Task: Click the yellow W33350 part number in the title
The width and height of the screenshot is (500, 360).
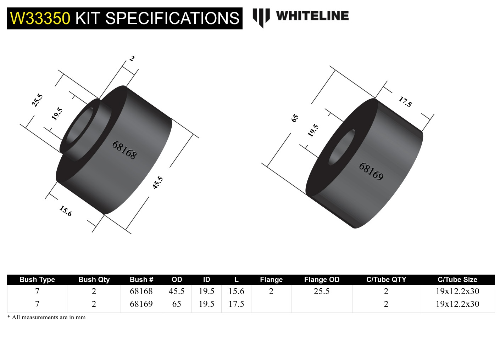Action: pyautogui.click(x=40, y=18)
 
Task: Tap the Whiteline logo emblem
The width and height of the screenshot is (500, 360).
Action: pyautogui.click(x=261, y=17)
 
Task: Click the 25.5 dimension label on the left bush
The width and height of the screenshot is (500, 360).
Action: pyautogui.click(x=37, y=100)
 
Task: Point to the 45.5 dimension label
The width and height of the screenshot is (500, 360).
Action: pyautogui.click(x=158, y=182)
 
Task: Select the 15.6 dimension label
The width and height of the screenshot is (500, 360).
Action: pyautogui.click(x=66, y=211)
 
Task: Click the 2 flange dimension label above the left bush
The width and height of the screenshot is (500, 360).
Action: pyautogui.click(x=132, y=58)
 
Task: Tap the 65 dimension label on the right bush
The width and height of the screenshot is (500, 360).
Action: pyautogui.click(x=295, y=118)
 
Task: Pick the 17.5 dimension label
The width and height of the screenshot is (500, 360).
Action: pyautogui.click(x=405, y=102)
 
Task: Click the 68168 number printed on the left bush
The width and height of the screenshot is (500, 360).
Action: pyautogui.click(x=124, y=150)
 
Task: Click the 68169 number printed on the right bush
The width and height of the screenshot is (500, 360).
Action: pyautogui.click(x=371, y=171)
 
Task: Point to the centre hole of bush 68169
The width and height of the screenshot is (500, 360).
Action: pyautogui.click(x=341, y=147)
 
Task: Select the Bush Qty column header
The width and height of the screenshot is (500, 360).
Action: pyautogui.click(x=94, y=280)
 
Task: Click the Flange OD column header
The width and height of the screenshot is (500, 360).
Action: pyautogui.click(x=322, y=280)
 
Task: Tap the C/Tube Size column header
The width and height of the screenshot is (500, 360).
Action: pyautogui.click(x=457, y=280)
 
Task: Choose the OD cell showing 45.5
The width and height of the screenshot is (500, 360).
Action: pyautogui.click(x=177, y=291)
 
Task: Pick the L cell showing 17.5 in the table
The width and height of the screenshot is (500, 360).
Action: pyautogui.click(x=236, y=304)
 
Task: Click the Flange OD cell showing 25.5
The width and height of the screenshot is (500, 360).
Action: pyautogui.click(x=322, y=291)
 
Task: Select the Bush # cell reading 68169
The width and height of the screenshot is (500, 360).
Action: pyautogui.click(x=141, y=304)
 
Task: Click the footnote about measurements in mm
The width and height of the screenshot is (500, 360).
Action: pyautogui.click(x=46, y=317)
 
